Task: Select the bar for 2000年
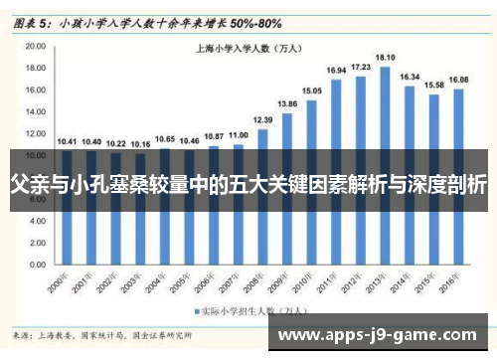[67, 229]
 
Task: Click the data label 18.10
[385, 58]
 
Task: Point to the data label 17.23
[361, 67]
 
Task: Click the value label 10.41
[67, 140]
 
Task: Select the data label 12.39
[263, 120]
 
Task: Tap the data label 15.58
[433, 86]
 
